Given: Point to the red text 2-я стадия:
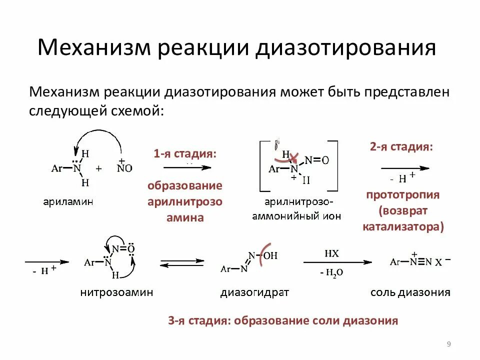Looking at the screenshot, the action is [x=401, y=146].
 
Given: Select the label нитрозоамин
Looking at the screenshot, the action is [x=116, y=292].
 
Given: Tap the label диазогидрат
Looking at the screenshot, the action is [x=254, y=292].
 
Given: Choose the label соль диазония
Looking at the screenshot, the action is [x=410, y=292].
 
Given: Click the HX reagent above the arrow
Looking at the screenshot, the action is [x=331, y=253].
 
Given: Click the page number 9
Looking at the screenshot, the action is [x=448, y=343].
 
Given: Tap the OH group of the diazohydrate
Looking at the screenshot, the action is [x=270, y=256].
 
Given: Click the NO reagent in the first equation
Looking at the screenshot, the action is [x=125, y=168].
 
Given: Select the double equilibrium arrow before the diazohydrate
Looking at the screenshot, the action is [x=182, y=262].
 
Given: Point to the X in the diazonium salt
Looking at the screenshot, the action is [x=437, y=262].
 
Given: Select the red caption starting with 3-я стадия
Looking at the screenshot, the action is [x=283, y=320].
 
